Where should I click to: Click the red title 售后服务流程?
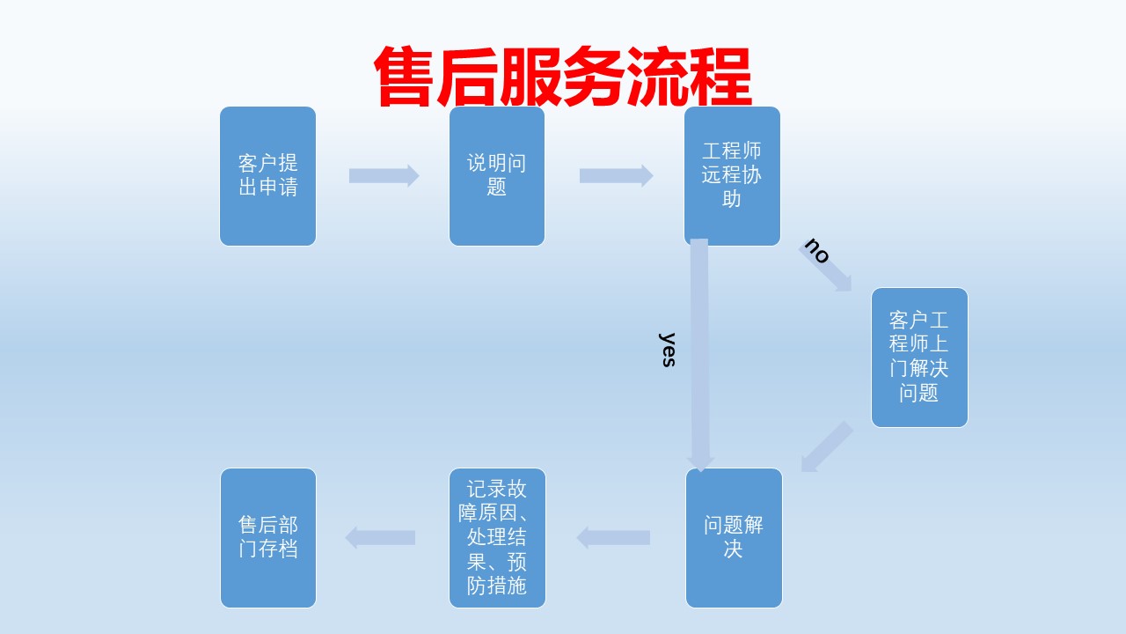pyautogui.click(x=562, y=76)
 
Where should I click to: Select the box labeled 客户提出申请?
pyautogui.click(x=268, y=176)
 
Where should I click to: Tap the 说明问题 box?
pyautogui.click(x=497, y=176)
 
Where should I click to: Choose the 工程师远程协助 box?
pyautogui.click(x=732, y=176)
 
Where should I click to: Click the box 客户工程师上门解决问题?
pyautogui.click(x=919, y=358)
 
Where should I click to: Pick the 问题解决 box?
pyautogui.click(x=734, y=538)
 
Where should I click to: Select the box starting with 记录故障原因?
pyautogui.click(x=497, y=538)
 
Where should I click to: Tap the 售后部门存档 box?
pyautogui.click(x=268, y=538)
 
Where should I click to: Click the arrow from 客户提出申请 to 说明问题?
pyautogui.click(x=384, y=175)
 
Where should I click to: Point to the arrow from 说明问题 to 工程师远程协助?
pyautogui.click(x=617, y=175)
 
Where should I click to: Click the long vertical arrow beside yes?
pyautogui.click(x=699, y=355)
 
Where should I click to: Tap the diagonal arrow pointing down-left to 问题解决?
pyautogui.click(x=827, y=447)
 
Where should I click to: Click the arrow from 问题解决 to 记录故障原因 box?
pyautogui.click(x=613, y=537)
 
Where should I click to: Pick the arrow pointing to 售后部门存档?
pyautogui.click(x=380, y=537)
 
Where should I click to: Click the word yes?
pyautogui.click(x=667, y=350)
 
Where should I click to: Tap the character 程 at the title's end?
pyautogui.click(x=720, y=76)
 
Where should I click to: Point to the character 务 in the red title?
pyautogui.click(x=594, y=76)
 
